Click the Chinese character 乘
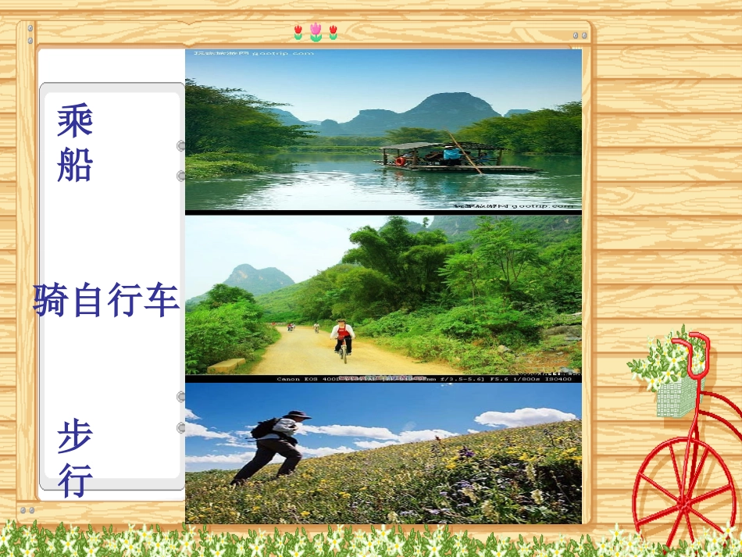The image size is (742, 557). [x=75, y=121]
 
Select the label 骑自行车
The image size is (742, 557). [x=107, y=301]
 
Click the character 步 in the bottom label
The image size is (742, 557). [x=75, y=437]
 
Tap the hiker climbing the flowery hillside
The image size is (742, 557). [x=273, y=445]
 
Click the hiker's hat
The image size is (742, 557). [x=297, y=415]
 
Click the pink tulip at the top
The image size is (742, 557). [x=316, y=31]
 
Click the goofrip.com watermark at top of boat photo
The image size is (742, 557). [x=254, y=52]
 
